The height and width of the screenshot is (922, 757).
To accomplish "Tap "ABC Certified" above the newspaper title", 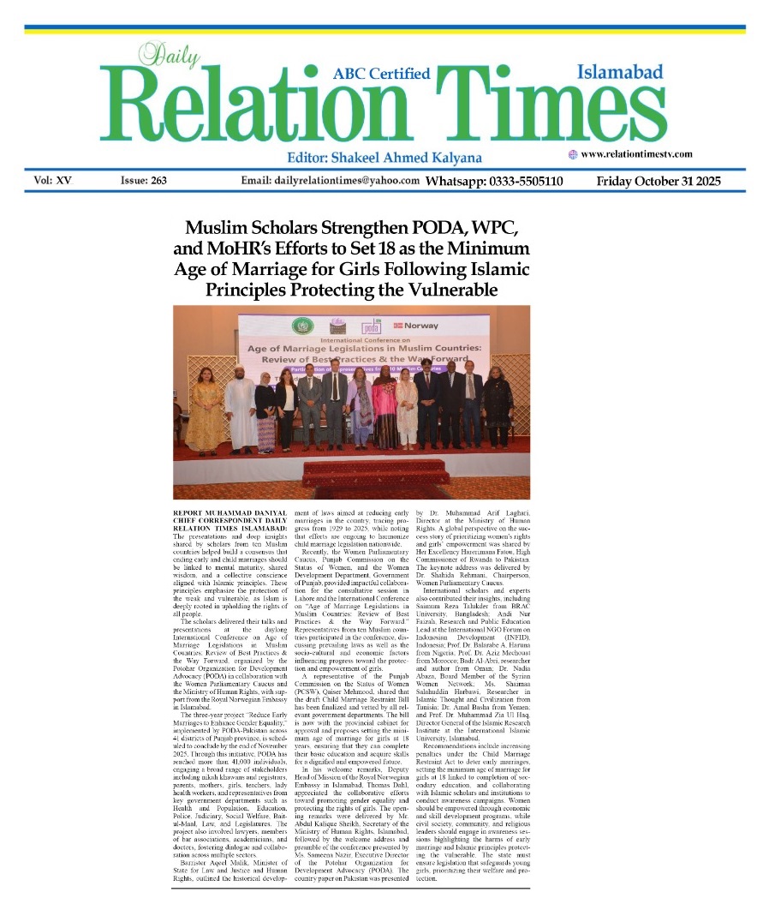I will point(381,73).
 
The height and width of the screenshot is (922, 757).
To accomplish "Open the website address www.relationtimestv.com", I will point(636,154).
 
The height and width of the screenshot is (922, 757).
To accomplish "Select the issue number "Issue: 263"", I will point(143,181).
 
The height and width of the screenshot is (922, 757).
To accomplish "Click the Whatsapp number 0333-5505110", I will point(493,181).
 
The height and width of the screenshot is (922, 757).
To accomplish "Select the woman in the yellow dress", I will point(209,415).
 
